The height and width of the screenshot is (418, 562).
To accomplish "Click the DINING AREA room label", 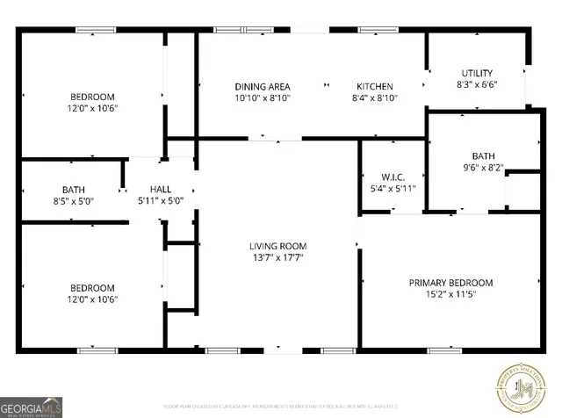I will click(x=262, y=86).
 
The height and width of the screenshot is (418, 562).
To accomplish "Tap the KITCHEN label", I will click(x=374, y=86).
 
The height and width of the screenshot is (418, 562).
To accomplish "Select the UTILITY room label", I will click(x=477, y=73).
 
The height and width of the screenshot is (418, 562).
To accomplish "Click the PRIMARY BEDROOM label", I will click(x=450, y=283).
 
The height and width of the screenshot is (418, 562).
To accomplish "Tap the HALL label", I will click(x=161, y=189).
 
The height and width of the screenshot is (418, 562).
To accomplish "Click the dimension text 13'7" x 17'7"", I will click(x=277, y=258).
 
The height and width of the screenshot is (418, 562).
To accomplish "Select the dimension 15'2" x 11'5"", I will click(x=450, y=295).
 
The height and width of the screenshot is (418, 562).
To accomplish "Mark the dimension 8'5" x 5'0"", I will click(x=73, y=201).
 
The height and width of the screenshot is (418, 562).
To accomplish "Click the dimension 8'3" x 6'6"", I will click(x=477, y=85).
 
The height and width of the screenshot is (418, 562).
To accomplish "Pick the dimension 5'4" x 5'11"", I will click(x=393, y=188).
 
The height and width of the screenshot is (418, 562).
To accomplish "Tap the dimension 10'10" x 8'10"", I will click(x=262, y=98).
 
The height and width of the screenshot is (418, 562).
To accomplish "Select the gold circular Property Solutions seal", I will click(x=525, y=387).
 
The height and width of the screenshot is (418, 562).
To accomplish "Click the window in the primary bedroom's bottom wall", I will click(x=444, y=350).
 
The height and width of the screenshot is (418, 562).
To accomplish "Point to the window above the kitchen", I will click(x=378, y=31).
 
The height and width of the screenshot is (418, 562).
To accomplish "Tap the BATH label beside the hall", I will click(x=73, y=189).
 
